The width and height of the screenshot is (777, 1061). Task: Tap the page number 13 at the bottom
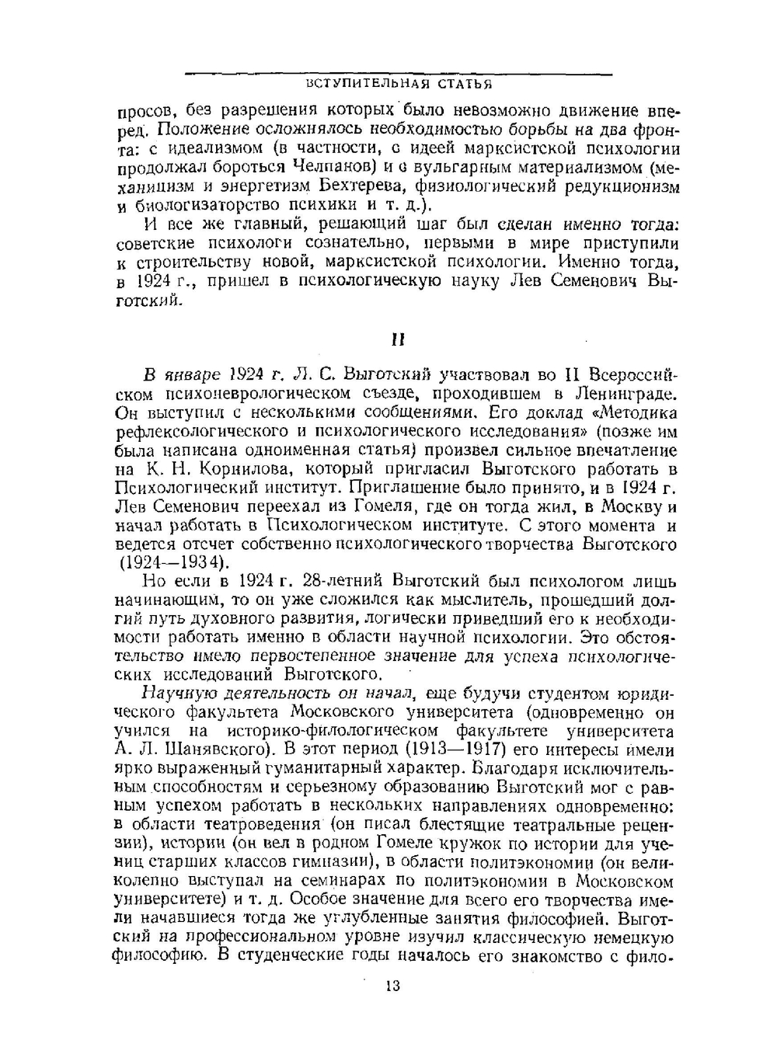[x=392, y=986]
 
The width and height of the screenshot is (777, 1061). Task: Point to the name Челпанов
[x=333, y=167]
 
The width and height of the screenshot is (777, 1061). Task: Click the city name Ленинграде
[x=625, y=394]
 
